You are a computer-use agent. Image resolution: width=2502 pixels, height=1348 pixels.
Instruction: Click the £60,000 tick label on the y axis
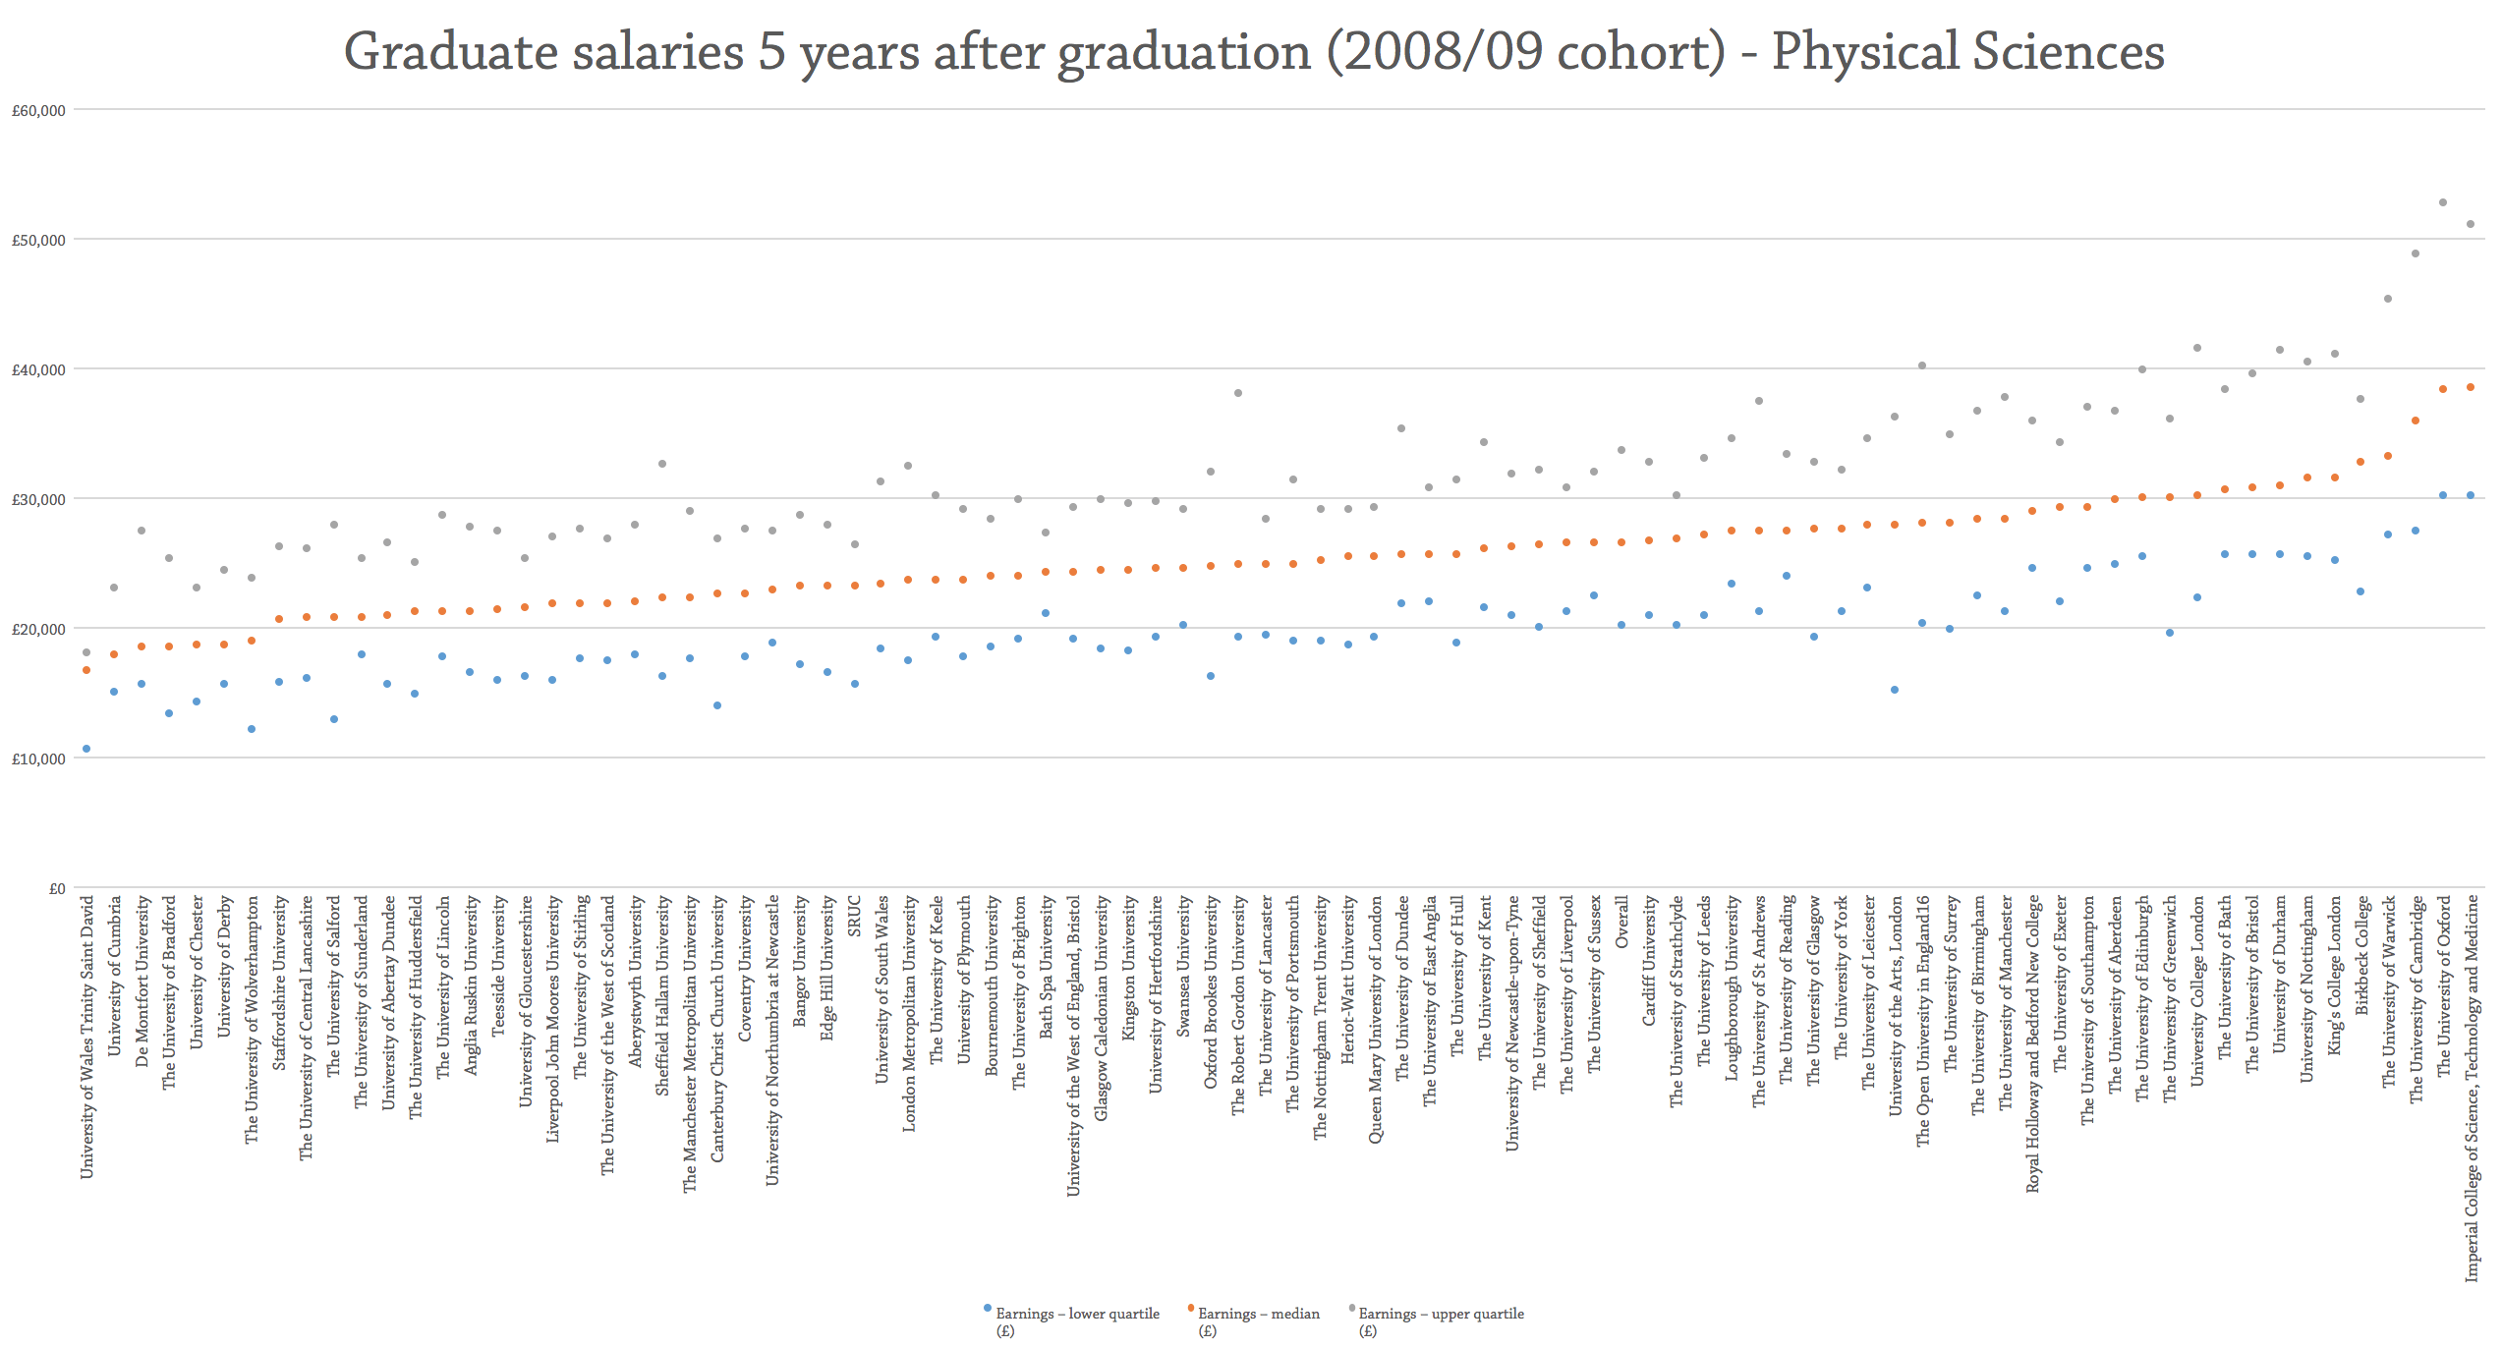coord(38,111)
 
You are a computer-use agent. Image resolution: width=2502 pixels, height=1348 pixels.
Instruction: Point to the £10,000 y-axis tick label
coord(38,759)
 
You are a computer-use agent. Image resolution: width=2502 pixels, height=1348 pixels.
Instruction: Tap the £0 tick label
coord(57,889)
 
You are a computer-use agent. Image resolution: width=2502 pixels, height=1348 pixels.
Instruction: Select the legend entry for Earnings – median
coord(1258,1315)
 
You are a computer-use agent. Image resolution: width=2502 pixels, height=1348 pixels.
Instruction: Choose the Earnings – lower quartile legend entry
coord(1077,1315)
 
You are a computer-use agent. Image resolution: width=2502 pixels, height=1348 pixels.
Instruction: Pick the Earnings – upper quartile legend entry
coord(1441,1315)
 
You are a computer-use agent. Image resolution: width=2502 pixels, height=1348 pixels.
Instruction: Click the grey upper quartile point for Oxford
coord(2443,203)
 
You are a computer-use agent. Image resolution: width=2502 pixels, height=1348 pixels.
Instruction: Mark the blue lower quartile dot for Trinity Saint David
coord(86,750)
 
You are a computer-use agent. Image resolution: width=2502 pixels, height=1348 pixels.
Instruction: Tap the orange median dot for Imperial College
coord(2471,388)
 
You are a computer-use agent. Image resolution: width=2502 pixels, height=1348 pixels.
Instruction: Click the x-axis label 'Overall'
coord(1621,922)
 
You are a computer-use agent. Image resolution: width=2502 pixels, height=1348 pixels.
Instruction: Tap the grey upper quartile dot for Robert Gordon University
coord(1238,394)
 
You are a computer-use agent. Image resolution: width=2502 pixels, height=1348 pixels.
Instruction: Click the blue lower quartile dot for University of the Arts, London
coord(1895,691)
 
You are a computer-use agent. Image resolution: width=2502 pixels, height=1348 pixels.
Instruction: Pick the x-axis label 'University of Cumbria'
coord(114,976)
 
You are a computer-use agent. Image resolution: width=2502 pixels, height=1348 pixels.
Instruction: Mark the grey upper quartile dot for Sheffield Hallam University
coord(662,465)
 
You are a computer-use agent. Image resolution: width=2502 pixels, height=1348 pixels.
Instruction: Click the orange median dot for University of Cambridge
coord(2416,421)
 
